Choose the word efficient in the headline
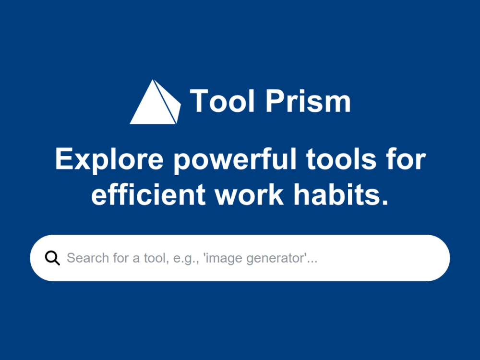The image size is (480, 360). (148, 194)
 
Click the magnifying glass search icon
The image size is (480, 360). (52, 258)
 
